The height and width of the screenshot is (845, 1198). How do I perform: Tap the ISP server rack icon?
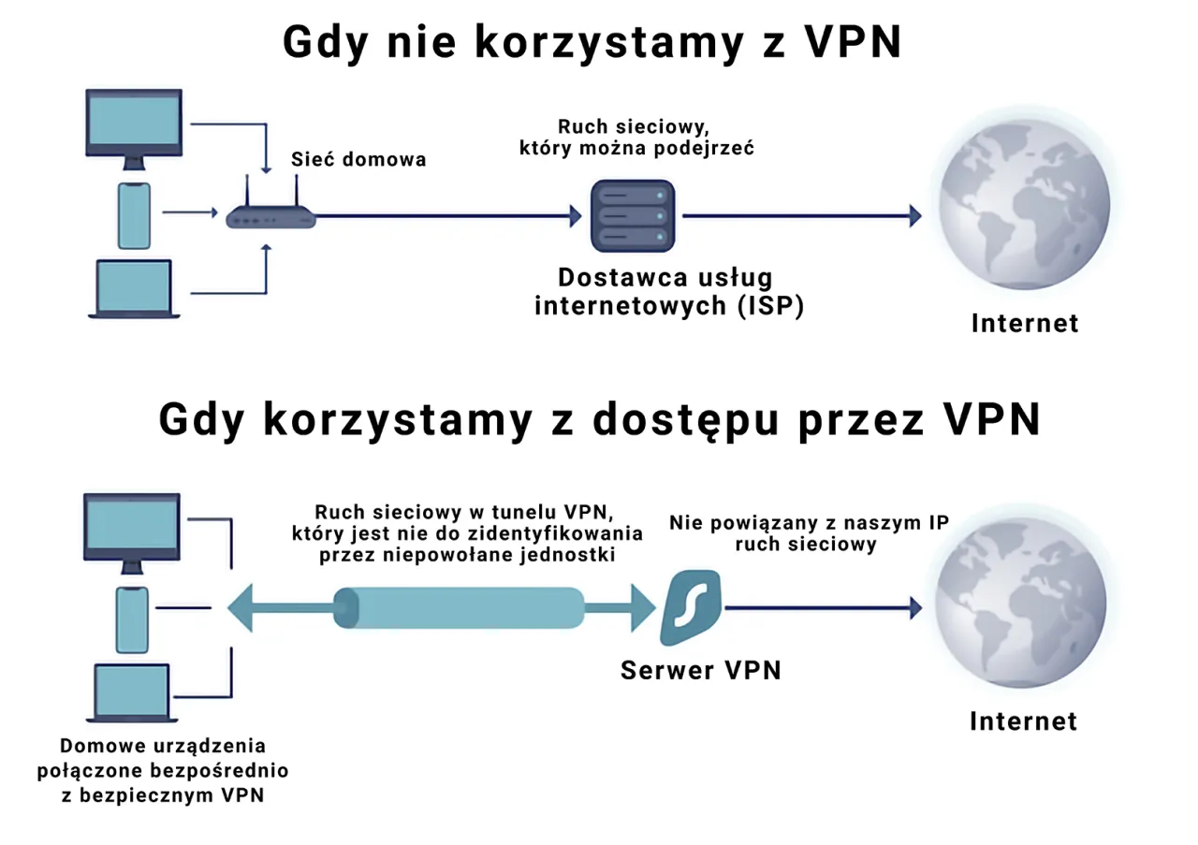click(x=632, y=216)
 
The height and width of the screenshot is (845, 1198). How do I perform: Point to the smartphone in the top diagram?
click(x=134, y=214)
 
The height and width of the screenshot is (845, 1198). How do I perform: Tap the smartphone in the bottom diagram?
click(x=133, y=619)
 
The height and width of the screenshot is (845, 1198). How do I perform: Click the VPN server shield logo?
click(x=691, y=608)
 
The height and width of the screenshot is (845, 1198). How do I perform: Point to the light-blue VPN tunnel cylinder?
click(x=459, y=608)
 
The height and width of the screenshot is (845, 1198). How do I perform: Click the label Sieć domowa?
click(x=358, y=160)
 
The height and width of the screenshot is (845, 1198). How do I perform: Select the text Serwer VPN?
click(x=700, y=670)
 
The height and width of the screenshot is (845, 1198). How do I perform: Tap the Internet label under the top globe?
click(x=1025, y=324)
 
